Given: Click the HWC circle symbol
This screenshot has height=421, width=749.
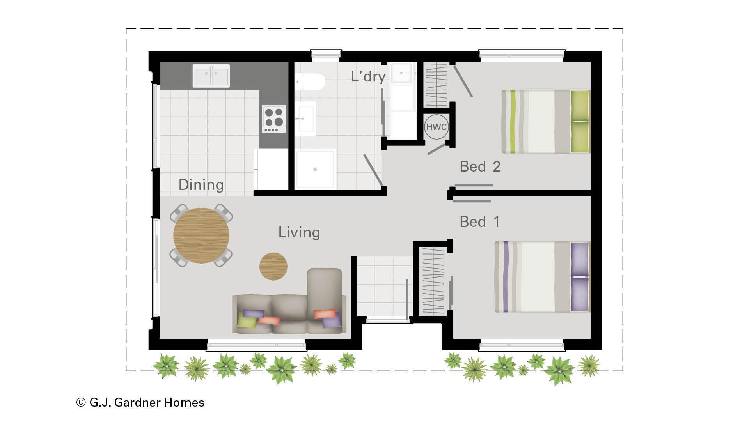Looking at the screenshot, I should click(436, 127).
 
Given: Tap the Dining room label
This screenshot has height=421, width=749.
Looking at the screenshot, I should click(201, 185).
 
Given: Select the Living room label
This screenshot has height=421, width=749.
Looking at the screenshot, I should click(299, 232).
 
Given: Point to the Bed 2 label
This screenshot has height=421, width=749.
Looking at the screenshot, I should click(480, 166).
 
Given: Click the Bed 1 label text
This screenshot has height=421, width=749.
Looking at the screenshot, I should click(479, 222).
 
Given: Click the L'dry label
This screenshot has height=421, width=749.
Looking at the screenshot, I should click(368, 76).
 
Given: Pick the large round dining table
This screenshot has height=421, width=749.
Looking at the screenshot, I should click(201, 235).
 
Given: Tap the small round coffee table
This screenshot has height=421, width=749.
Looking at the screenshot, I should click(273, 266).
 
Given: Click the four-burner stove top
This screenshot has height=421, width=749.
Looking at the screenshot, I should click(273, 118).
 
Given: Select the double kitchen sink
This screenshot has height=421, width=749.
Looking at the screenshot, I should click(211, 76).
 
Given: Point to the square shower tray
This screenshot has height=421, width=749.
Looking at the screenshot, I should click(315, 169).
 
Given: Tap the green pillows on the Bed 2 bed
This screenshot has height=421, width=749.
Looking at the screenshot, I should click(580, 121).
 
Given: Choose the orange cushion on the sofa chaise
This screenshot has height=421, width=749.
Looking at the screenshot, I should click(325, 314).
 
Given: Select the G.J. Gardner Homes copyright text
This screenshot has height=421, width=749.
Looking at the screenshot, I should click(140, 402).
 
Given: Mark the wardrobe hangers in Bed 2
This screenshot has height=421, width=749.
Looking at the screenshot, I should click(436, 84).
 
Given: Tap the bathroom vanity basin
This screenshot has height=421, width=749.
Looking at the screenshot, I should click(305, 119).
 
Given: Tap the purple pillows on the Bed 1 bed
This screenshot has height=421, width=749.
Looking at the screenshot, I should click(580, 277).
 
